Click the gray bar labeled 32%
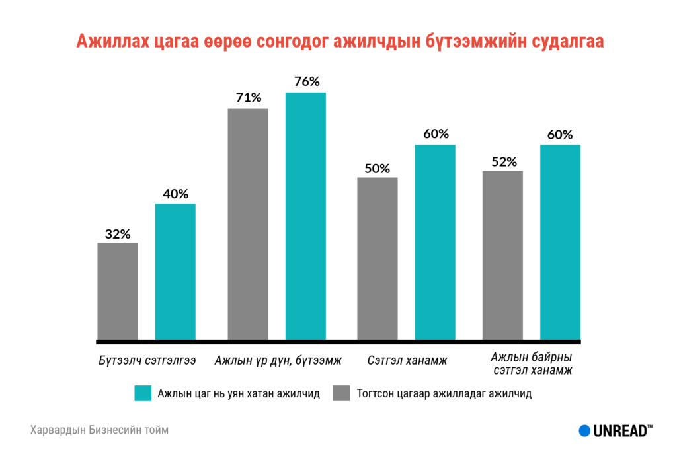(118, 291)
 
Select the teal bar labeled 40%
(175, 272)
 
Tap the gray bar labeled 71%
(248, 224)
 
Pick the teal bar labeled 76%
(305, 216)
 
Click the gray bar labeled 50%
(378, 258)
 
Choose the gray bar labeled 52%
(502, 255)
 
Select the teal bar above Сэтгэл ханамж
(435, 242)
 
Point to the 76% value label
(305, 82)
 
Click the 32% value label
(118, 233)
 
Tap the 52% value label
(503, 161)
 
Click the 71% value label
(249, 98)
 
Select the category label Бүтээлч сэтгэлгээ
(147, 361)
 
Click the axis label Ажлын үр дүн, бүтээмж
(278, 361)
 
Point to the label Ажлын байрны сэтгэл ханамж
(532, 364)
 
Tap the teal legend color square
(143, 393)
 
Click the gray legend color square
(341, 393)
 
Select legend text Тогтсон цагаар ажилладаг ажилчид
(444, 393)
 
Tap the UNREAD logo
(616, 430)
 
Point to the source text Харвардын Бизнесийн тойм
(99, 430)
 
